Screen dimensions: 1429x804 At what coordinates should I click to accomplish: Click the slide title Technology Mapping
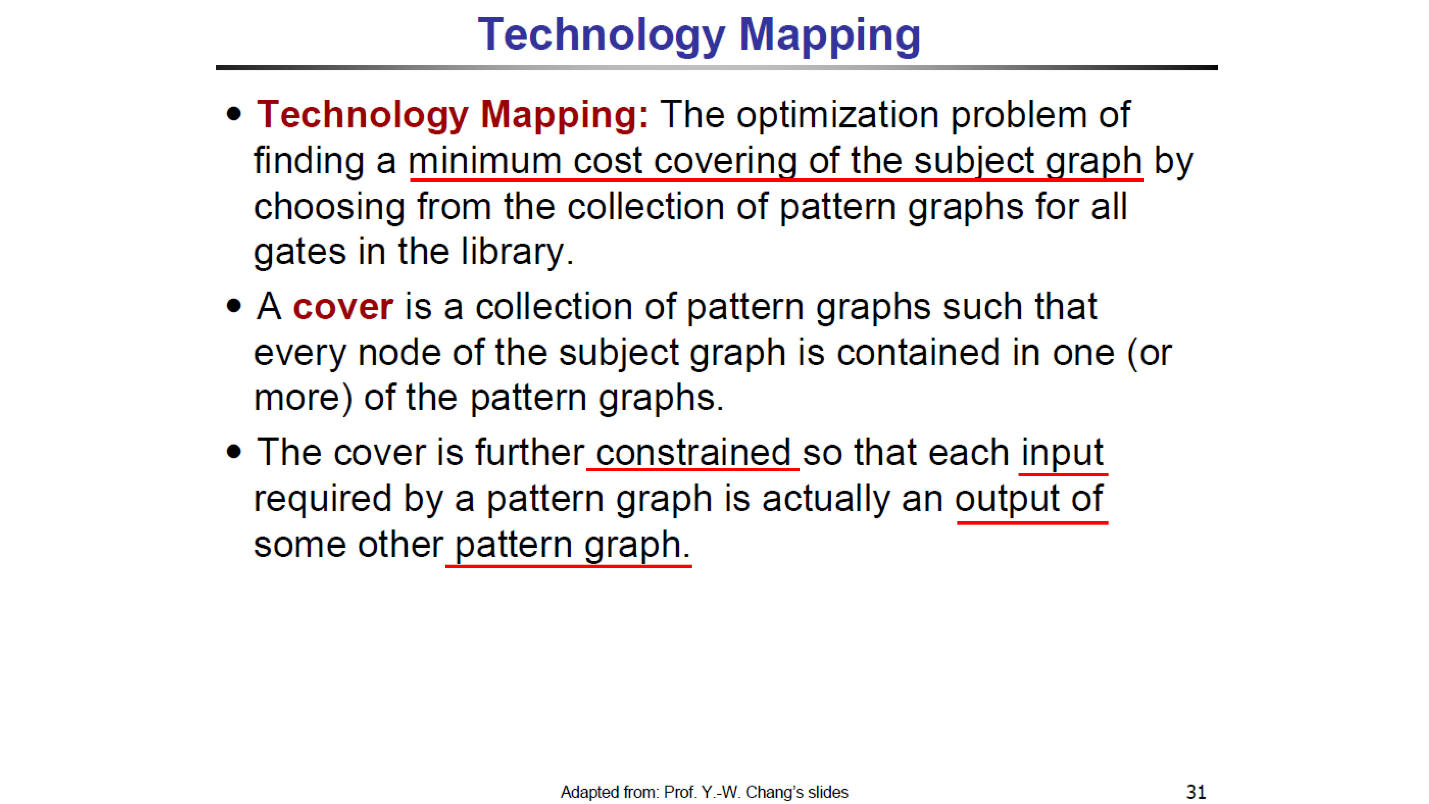click(699, 35)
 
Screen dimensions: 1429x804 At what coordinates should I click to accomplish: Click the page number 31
click(1196, 792)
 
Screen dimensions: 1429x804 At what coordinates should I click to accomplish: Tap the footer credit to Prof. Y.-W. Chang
click(704, 792)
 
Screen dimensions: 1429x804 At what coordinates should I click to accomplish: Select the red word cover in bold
click(343, 307)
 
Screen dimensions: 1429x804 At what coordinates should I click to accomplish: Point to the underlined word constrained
click(693, 452)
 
